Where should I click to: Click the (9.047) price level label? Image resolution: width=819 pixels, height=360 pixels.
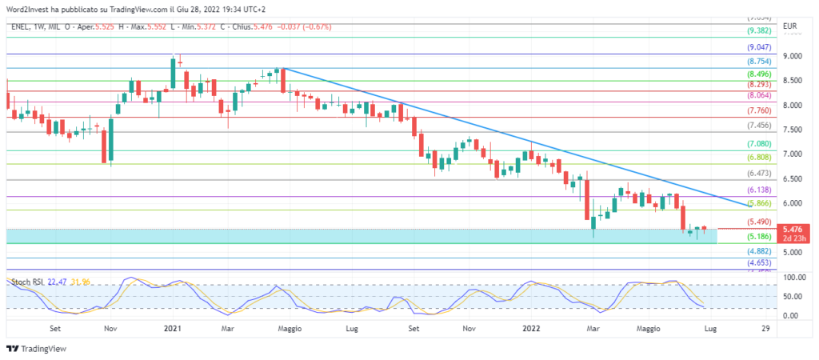(758, 48)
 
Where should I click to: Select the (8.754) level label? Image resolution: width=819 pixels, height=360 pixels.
(758, 62)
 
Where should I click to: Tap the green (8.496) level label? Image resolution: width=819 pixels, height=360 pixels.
(758, 74)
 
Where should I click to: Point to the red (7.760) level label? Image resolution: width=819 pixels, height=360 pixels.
(758, 110)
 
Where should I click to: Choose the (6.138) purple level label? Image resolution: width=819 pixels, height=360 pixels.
(758, 190)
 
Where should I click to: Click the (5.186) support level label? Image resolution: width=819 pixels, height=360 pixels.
(758, 238)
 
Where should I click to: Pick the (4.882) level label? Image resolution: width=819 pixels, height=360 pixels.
(758, 251)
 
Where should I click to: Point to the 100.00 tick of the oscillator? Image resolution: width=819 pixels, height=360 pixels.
(792, 277)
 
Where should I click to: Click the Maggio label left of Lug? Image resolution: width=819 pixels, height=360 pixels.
(290, 328)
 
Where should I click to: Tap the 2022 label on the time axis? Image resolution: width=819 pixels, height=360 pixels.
(532, 328)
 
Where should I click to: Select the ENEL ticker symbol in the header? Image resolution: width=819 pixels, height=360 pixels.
(22, 26)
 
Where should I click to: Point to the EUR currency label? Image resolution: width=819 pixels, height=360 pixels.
(790, 26)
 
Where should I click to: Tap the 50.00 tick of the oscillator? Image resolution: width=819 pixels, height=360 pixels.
(792, 297)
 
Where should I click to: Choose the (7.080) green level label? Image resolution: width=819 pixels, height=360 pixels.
(758, 144)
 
